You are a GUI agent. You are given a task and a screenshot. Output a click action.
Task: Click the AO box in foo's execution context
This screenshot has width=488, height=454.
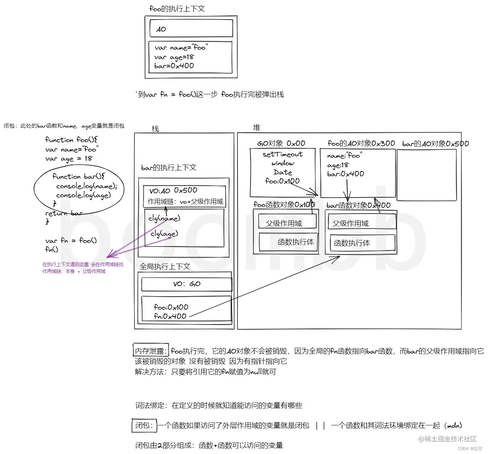[191, 28]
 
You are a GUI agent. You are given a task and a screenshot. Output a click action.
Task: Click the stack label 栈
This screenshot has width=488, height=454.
[155, 129]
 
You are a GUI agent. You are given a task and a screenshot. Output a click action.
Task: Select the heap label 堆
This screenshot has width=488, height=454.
[256, 127]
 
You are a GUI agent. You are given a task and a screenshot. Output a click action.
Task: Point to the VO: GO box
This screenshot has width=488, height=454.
[186, 284]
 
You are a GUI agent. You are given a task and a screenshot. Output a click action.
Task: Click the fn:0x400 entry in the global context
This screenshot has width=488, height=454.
[170, 316]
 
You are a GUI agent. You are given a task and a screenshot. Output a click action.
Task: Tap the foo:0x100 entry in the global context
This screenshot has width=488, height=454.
[171, 307]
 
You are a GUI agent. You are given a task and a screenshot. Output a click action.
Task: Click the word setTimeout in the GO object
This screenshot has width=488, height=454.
[282, 154]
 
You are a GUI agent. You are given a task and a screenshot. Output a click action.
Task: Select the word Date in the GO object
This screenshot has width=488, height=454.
[283, 173]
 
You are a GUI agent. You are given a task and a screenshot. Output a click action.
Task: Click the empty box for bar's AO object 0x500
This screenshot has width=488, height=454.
[427, 175]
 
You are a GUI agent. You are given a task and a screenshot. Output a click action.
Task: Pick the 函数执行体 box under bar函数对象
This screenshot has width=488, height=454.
[362, 243]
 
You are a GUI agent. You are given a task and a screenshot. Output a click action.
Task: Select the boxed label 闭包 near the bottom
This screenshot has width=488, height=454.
[144, 425]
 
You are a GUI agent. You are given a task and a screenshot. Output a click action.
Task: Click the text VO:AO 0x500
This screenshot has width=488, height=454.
[173, 191]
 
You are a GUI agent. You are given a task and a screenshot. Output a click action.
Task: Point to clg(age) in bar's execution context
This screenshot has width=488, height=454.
[164, 234]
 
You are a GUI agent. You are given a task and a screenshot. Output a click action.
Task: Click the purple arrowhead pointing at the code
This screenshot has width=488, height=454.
[109, 255]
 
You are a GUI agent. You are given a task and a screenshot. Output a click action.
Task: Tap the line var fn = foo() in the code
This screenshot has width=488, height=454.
[71, 241]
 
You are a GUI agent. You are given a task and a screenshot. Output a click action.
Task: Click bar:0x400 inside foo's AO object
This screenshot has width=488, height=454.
[346, 174]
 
